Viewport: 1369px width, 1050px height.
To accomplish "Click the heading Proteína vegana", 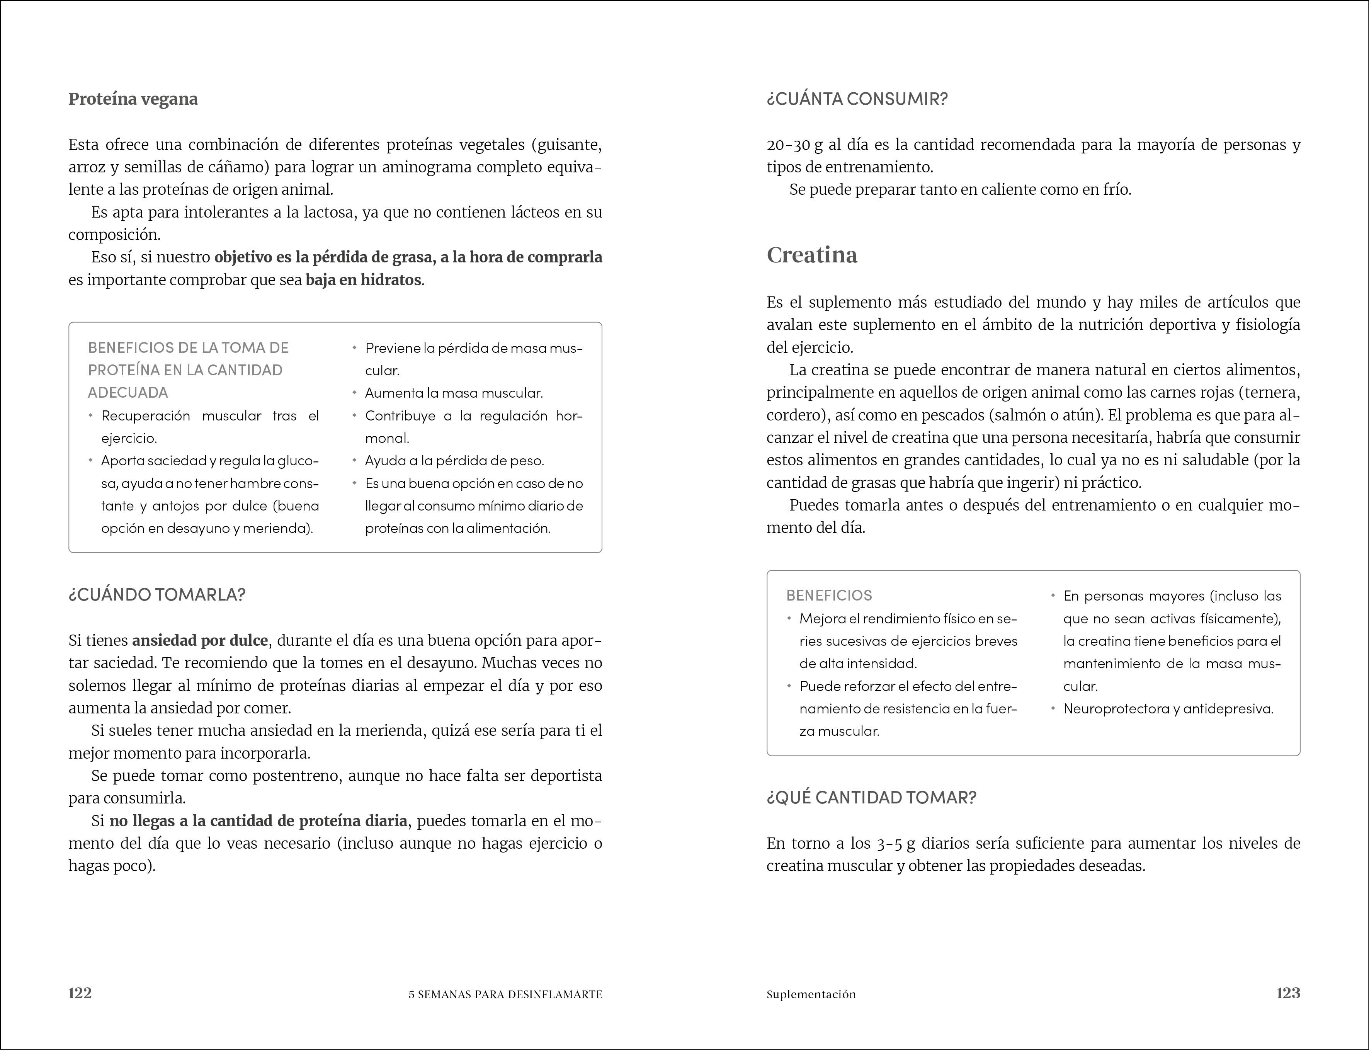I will coord(133,99).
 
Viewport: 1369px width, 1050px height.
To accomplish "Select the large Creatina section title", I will coord(812,255).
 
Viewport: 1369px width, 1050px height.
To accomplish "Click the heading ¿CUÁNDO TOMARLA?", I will coord(157,594).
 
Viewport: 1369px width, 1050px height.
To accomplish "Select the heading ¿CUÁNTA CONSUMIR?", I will coord(857,99).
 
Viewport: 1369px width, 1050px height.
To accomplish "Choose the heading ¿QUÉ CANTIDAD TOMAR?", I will coord(871,798).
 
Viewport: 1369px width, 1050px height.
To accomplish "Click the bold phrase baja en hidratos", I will coord(363,280).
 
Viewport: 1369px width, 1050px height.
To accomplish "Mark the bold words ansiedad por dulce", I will coord(200,641).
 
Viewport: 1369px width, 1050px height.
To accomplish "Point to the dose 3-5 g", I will coord(895,844).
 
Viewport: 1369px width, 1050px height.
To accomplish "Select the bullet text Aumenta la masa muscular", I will coord(454,393).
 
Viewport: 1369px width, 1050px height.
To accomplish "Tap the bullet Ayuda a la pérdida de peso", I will coord(454,461).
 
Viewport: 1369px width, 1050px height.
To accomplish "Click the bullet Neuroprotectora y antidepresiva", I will coord(1168,709).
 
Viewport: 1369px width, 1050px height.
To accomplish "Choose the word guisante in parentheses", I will coord(569,145).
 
